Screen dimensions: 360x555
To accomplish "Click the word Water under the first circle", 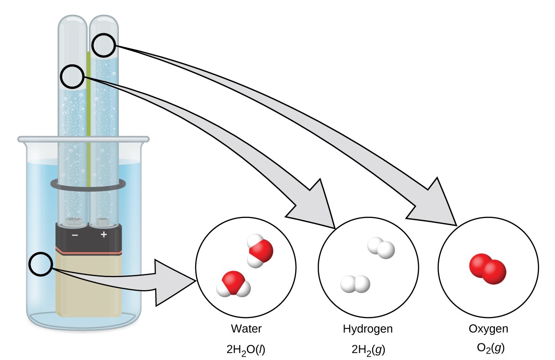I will point(246,329).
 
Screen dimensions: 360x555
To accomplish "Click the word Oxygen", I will point(488,329).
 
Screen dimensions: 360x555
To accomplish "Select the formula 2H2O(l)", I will point(246,348).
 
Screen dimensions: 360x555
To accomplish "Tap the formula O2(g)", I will point(488,348).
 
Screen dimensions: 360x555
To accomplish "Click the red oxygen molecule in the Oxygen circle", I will point(487,268).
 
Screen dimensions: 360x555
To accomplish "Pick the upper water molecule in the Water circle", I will point(259,251).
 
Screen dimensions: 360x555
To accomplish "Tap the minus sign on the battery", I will point(74,235).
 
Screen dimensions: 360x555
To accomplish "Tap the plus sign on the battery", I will point(104,235).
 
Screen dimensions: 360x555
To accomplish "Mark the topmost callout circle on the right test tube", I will point(104,45).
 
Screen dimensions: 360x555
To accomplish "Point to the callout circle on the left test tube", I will point(74,77).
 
